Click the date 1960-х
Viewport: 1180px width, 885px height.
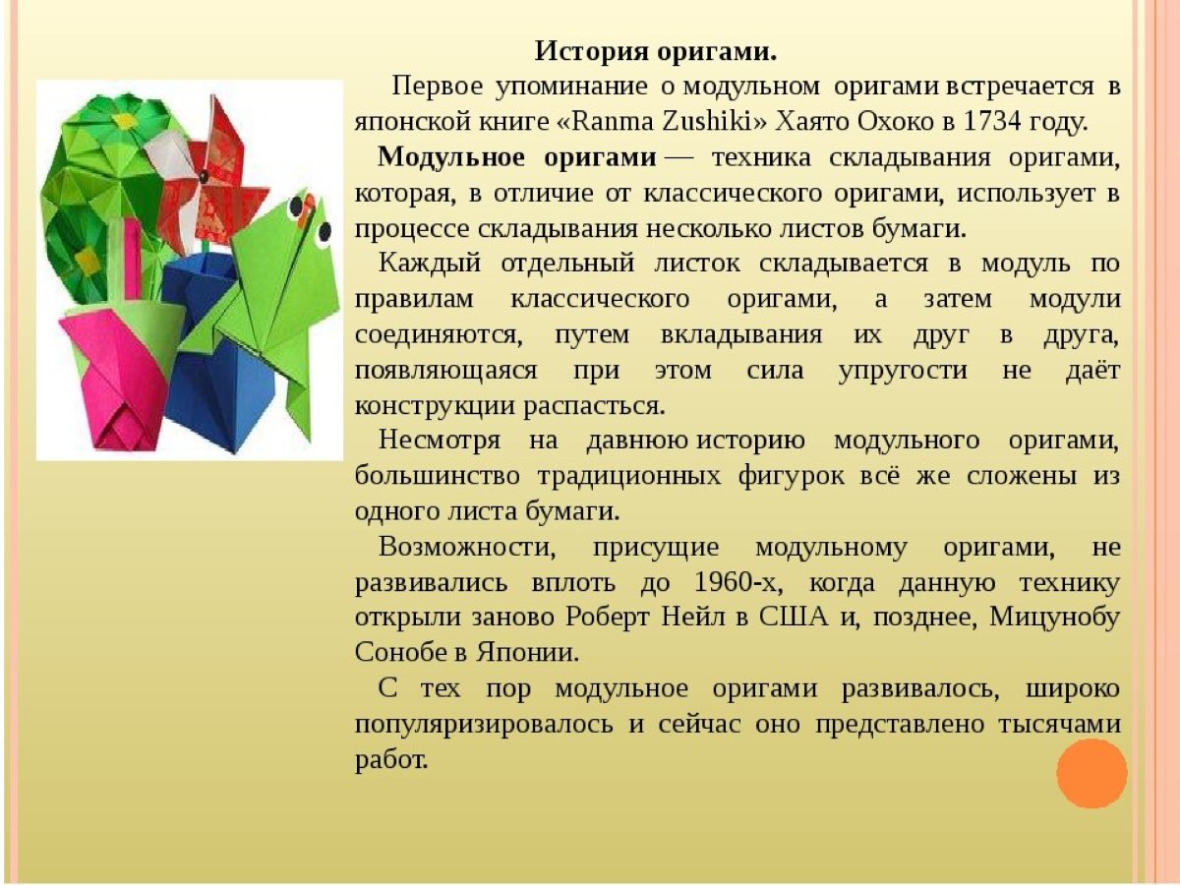click(x=737, y=582)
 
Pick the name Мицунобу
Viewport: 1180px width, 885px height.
click(x=1054, y=618)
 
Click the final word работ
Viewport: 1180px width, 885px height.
click(x=391, y=759)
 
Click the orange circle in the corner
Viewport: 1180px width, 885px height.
click(x=1091, y=773)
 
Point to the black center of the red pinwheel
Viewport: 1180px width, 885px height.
click(x=205, y=177)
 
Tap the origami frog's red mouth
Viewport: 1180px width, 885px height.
click(x=306, y=207)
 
